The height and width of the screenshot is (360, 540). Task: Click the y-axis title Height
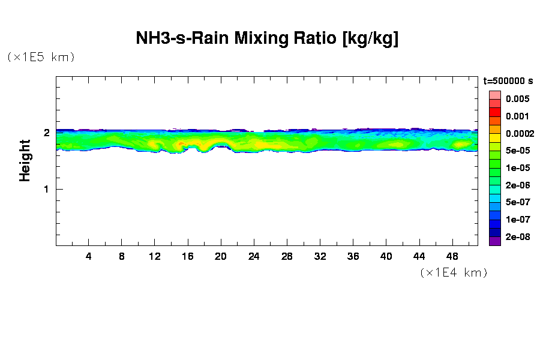click(x=25, y=160)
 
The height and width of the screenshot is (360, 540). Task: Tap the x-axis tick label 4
click(x=89, y=256)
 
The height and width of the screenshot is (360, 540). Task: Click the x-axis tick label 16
click(x=188, y=256)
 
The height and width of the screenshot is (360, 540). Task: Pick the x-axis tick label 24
click(x=254, y=256)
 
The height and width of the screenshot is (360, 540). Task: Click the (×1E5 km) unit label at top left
click(x=41, y=57)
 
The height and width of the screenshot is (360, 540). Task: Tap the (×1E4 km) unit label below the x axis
click(x=454, y=272)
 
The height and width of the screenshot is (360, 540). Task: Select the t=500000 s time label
click(x=508, y=81)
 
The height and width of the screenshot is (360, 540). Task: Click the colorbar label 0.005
click(x=517, y=99)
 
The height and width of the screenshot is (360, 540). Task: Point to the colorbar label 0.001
click(x=517, y=116)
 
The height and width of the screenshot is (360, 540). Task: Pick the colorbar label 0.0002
click(x=519, y=133)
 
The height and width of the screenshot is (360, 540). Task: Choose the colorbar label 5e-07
click(x=517, y=202)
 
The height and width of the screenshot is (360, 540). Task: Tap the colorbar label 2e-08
click(x=517, y=237)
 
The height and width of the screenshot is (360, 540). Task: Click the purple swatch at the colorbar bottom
click(x=495, y=241)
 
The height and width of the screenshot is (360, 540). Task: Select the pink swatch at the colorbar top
click(x=495, y=95)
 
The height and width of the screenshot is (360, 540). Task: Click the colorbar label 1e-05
click(x=517, y=168)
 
